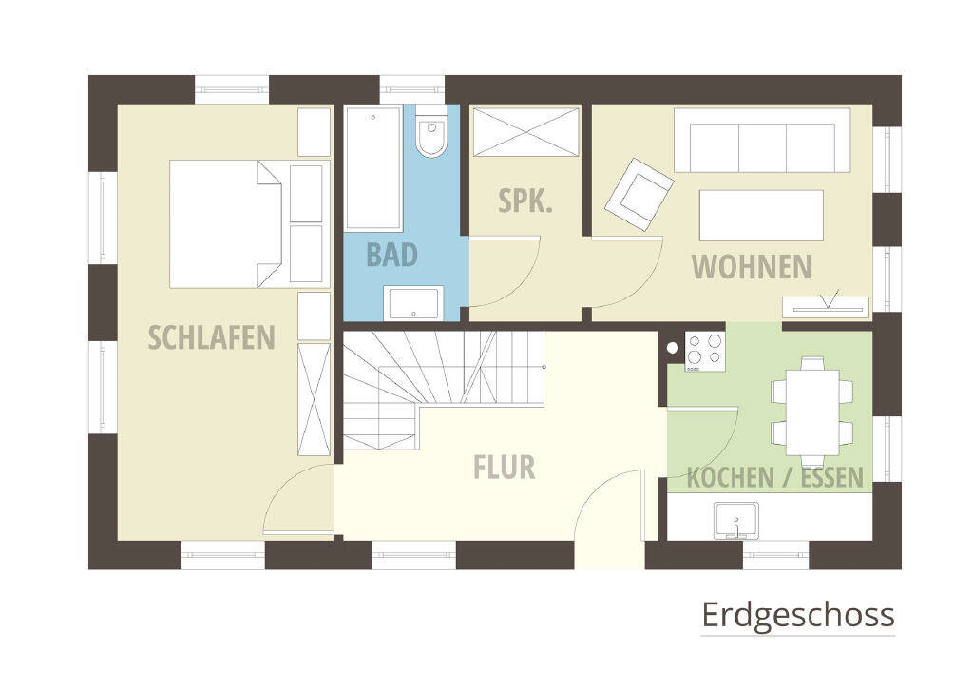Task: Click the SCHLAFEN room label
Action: click(x=211, y=336)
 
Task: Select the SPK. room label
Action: click(x=525, y=201)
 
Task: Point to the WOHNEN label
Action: click(x=751, y=267)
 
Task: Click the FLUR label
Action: click(x=504, y=467)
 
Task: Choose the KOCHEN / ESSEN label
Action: click(x=774, y=477)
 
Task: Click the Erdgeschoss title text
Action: click(x=797, y=615)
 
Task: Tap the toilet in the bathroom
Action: click(x=431, y=137)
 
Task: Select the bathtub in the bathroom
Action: click(x=372, y=168)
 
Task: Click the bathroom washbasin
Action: click(x=413, y=303)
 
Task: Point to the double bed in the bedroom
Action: click(x=226, y=223)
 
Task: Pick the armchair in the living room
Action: click(x=639, y=194)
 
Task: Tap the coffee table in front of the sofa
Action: click(x=761, y=216)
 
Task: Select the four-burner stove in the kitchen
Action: click(x=704, y=349)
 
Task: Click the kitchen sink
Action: click(x=735, y=521)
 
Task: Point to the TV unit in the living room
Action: click(x=825, y=306)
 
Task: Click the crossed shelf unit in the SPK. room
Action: click(x=525, y=131)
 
